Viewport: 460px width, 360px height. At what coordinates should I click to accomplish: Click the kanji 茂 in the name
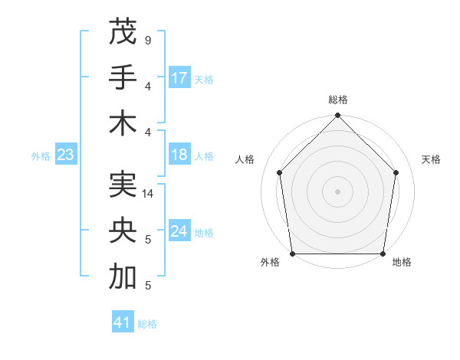tap(123, 33)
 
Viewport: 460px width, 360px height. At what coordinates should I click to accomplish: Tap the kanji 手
tap(123, 77)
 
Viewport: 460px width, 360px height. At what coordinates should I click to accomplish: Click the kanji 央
tap(123, 231)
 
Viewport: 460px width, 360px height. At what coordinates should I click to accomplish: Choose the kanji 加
tap(123, 277)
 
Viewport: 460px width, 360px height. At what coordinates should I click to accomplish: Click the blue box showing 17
tap(179, 78)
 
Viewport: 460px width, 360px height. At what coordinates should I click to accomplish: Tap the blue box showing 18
tap(179, 155)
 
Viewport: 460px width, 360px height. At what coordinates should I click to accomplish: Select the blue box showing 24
tap(179, 232)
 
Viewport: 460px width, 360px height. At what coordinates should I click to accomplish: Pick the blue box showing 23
tap(65, 155)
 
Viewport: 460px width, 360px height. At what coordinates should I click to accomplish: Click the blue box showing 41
tap(123, 322)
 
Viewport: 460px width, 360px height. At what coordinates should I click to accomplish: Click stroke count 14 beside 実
tap(148, 194)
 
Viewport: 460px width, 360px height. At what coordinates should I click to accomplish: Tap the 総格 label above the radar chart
tap(337, 100)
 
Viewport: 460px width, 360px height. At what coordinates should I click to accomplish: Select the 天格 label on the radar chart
tap(431, 159)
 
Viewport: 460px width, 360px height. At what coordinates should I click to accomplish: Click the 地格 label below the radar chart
tap(402, 263)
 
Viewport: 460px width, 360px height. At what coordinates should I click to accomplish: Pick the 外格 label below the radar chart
tap(270, 263)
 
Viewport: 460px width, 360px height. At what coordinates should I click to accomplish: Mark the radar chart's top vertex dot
tap(337, 116)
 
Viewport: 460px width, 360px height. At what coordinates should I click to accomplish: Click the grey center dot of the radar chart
tap(337, 191)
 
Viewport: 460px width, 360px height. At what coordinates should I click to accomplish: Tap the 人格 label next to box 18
tap(204, 156)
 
